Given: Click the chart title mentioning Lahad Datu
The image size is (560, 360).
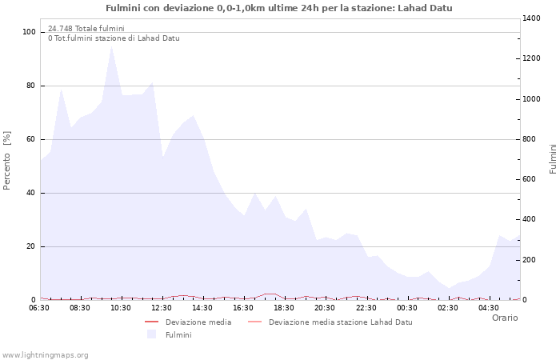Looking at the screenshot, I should pos(279,8).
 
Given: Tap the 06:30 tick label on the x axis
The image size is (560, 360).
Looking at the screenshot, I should pos(39,307).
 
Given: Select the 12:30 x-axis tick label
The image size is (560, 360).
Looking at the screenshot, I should pos(162,307).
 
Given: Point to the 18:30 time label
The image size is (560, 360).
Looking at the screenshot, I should pos(284,307).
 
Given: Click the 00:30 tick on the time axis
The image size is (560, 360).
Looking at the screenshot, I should pos(407,307).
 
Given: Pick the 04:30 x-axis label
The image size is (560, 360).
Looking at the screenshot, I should pos(489,307).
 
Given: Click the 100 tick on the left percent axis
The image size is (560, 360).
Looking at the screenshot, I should pos(30,32).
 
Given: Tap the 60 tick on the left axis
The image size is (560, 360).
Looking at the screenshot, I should pos(31,139).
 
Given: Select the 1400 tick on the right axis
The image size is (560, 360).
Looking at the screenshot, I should pos(533,18).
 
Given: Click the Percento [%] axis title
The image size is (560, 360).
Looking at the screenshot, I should pos(7,160).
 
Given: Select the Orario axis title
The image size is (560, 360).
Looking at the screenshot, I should pos(505,318).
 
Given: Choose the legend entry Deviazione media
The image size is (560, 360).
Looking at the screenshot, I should pos(198,322).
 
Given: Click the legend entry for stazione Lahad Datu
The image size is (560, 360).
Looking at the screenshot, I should pos(340,322).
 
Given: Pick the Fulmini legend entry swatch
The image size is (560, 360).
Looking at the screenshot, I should pos(151,334).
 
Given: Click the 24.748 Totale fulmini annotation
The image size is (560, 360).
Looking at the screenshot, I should pos(86,29).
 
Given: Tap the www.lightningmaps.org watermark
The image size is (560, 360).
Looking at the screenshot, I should pos(45,355).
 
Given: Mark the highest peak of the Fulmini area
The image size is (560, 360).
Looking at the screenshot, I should pos(111,46).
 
